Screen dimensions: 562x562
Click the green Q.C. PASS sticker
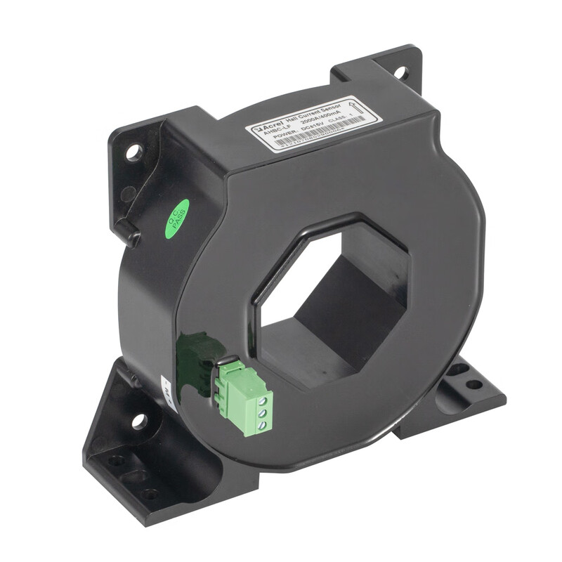(176, 218)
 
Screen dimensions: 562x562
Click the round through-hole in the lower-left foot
(138, 421)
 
